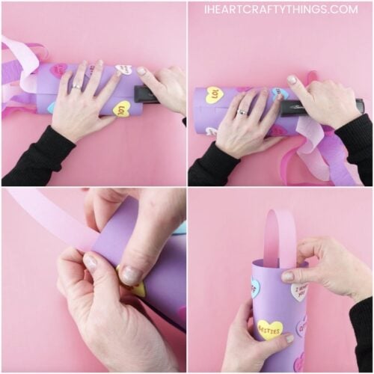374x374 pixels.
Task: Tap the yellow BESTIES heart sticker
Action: tap(270, 328)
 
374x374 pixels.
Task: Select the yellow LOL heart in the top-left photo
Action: tap(121, 109)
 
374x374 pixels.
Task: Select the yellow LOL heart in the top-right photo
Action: tap(215, 95)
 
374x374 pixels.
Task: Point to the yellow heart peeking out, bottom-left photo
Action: tap(135, 288)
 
